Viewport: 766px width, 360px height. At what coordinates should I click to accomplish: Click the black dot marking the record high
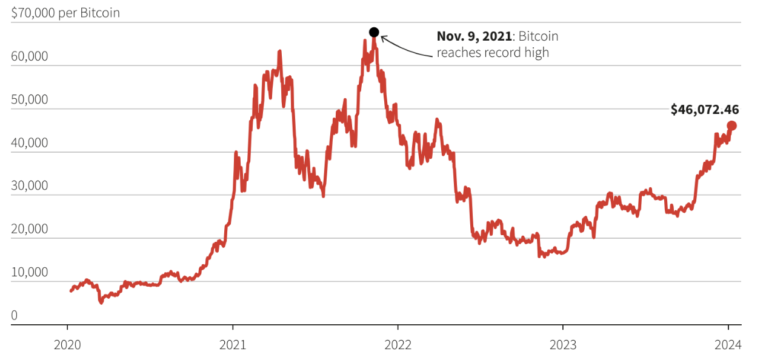[374, 32]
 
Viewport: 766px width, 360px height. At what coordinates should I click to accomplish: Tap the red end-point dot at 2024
[731, 125]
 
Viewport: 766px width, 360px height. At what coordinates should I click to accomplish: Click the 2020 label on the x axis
[67, 345]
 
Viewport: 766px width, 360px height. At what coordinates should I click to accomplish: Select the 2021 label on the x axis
[233, 345]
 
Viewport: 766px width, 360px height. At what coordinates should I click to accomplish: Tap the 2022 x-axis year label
[398, 345]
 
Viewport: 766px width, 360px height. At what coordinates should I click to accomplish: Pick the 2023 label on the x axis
[562, 345]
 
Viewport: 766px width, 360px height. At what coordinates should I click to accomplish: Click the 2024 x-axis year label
[728, 345]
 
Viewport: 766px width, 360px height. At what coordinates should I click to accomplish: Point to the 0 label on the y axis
[15, 315]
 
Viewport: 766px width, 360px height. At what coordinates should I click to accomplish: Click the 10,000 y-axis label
[30, 272]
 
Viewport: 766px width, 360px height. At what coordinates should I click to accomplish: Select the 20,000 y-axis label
[30, 229]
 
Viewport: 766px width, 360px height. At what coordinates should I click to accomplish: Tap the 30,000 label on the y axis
[30, 185]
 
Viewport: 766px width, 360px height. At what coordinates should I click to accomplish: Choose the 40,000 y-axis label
[30, 142]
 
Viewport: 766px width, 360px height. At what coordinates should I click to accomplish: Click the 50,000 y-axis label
[30, 99]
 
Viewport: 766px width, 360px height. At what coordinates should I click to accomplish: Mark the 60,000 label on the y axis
[30, 56]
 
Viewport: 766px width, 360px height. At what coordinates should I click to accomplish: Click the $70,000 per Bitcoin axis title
[65, 13]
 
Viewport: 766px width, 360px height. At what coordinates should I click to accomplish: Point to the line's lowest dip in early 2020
[101, 301]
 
